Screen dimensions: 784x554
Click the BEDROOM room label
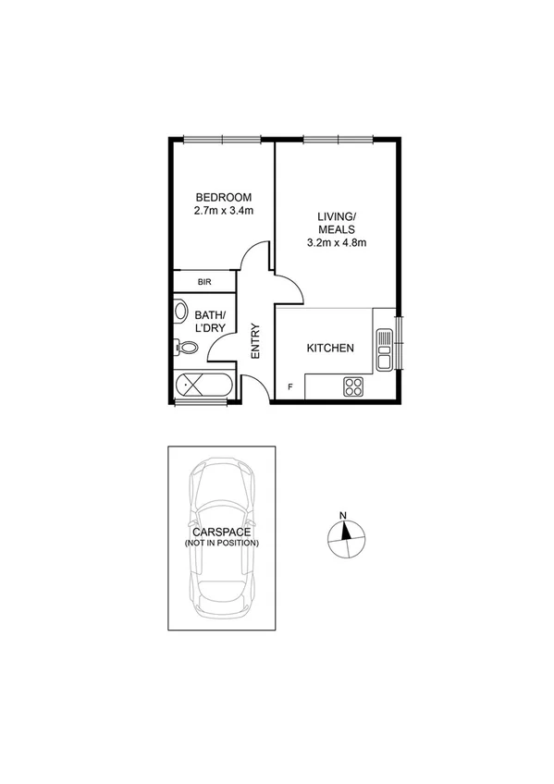point(223,197)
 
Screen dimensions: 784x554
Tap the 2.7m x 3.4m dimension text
point(223,211)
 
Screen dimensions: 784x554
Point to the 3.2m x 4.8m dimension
point(337,244)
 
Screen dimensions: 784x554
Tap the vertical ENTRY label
point(255,339)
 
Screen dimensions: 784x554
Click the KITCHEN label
point(330,349)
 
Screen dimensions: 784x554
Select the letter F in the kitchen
point(289,386)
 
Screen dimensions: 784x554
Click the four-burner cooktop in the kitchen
point(352,386)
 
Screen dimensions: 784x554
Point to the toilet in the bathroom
point(185,349)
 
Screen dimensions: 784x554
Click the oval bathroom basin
point(180,312)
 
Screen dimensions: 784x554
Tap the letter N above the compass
point(343,516)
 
